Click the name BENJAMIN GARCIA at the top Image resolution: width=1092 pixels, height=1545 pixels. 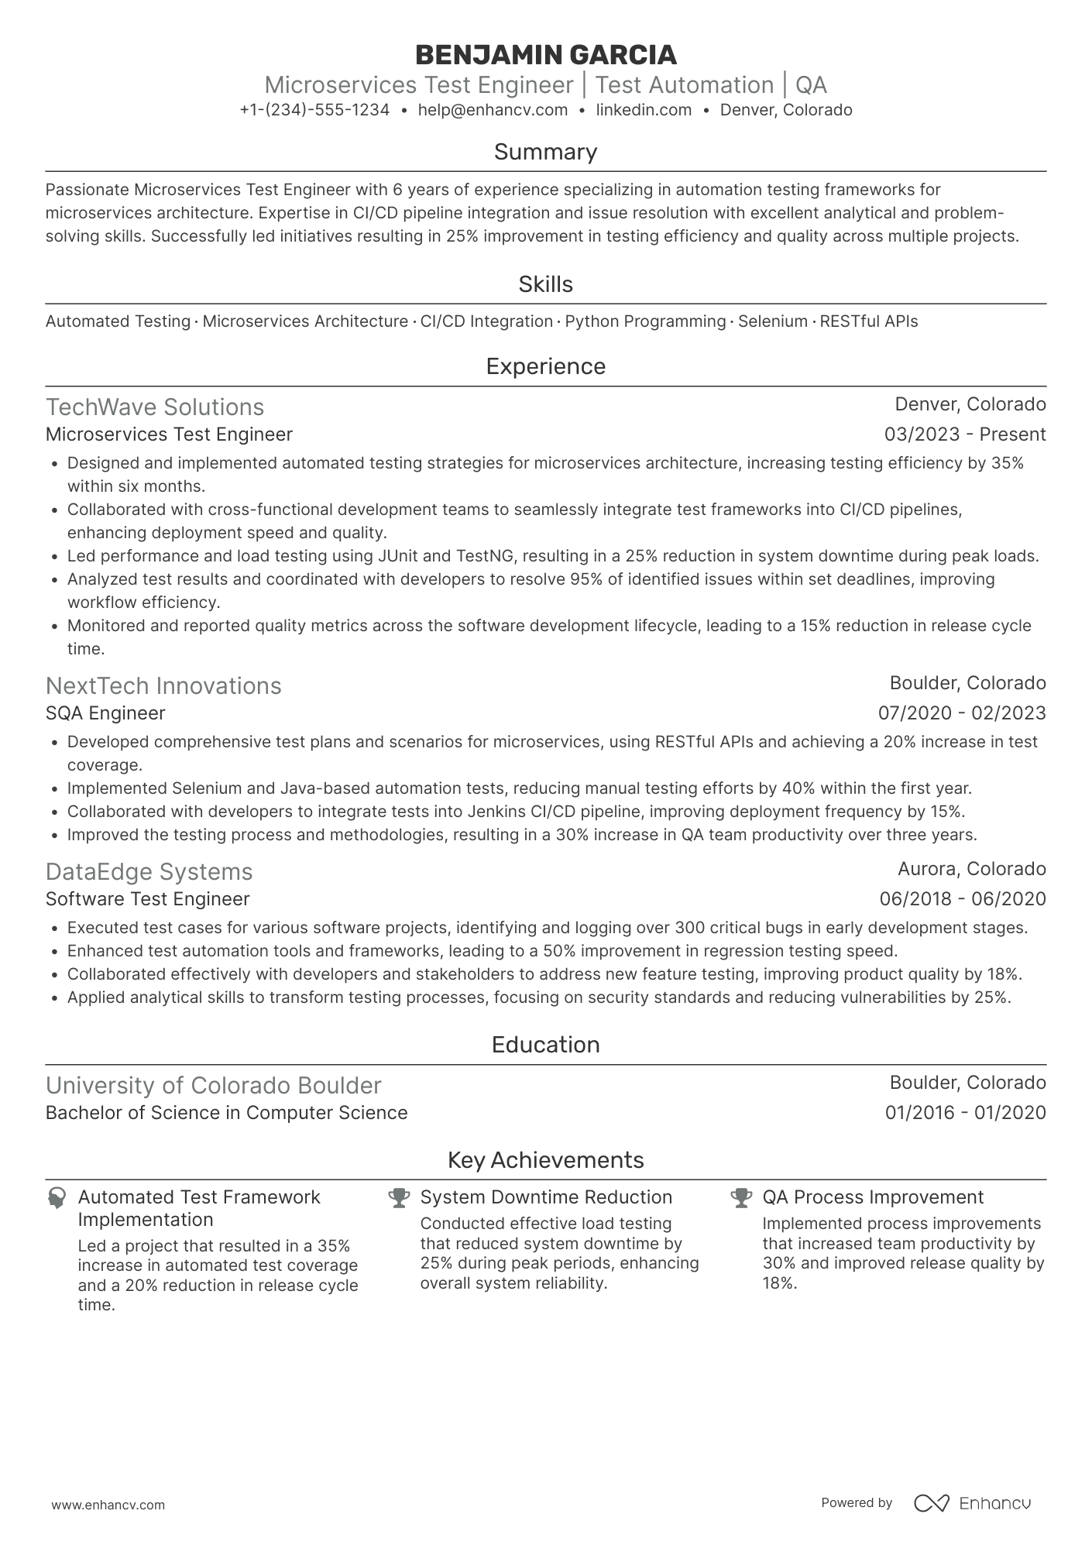[x=545, y=55]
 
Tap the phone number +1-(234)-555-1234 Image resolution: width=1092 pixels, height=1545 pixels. [x=314, y=110]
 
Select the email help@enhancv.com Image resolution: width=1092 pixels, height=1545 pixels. [x=493, y=110]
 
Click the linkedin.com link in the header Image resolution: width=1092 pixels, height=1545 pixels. [x=644, y=110]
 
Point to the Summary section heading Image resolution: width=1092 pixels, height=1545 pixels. [x=545, y=152]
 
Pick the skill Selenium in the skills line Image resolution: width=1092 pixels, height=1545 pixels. [x=772, y=321]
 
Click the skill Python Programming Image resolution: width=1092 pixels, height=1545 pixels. [x=645, y=321]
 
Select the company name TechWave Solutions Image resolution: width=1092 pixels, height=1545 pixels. [x=155, y=407]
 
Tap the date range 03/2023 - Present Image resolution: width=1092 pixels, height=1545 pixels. [x=964, y=434]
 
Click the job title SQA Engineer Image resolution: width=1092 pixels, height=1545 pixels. [x=105, y=713]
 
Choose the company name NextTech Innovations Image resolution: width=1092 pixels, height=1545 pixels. [x=163, y=686]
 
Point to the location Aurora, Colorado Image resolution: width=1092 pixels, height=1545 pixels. [x=971, y=869]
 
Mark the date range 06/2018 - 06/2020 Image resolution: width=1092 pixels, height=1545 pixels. [x=962, y=899]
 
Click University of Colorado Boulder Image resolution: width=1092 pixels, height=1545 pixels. [x=213, y=1086]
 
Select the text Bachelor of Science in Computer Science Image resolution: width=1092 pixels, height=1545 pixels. [x=226, y=1113]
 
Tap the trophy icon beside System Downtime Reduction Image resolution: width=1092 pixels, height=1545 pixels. [x=399, y=1198]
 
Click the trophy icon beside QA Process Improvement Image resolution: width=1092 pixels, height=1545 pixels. [x=741, y=1198]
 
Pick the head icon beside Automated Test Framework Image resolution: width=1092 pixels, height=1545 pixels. [x=57, y=1198]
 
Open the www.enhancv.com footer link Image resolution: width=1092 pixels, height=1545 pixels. [x=108, y=1506]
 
